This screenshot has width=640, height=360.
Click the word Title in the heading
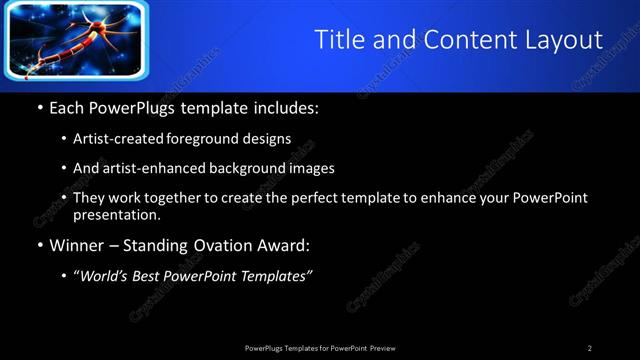[339, 40]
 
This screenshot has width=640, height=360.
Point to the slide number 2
[590, 348]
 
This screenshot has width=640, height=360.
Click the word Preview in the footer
[383, 348]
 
